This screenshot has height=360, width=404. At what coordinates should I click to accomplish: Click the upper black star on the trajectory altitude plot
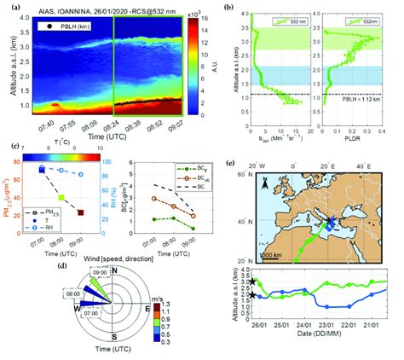(254, 281)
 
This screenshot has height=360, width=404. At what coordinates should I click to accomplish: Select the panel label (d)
(61, 265)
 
